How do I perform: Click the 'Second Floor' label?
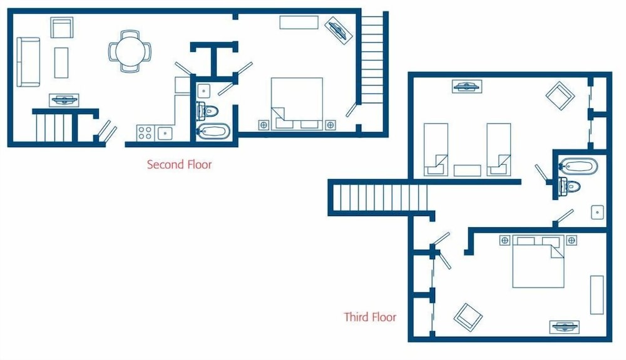[179, 165]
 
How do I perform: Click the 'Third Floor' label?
[370, 317]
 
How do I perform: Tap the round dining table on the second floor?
[130, 49]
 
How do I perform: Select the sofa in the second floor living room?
[28, 61]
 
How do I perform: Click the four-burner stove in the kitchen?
[145, 133]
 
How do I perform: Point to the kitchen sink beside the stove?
[165, 133]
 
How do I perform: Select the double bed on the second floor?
[296, 103]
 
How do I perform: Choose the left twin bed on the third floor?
[436, 149]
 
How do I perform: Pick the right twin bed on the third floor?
[498, 149]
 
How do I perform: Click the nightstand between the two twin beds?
[467, 170]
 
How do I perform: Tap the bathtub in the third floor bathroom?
[578, 167]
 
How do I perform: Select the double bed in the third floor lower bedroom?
[538, 261]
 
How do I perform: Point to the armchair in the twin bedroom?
[560, 96]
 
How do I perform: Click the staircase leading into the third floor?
[379, 198]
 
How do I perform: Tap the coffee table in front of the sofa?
[61, 63]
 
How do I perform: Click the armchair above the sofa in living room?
[62, 28]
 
